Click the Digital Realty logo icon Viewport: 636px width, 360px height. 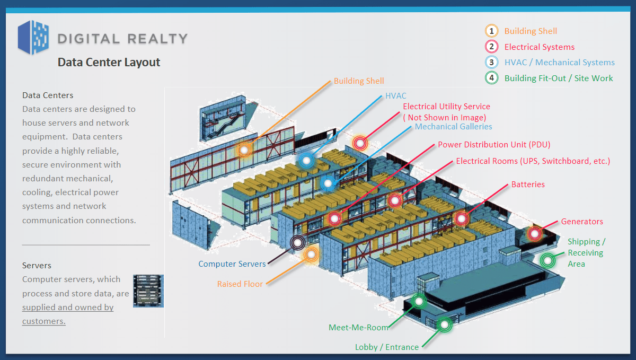pos(33,37)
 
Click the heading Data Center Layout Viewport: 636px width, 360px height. pos(109,63)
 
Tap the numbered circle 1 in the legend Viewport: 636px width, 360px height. pos(491,31)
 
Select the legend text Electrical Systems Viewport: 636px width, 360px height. pos(539,47)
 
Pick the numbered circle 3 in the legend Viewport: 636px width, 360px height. pos(491,63)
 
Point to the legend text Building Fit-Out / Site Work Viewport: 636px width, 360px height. pos(558,78)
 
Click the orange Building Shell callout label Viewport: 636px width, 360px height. pos(359,81)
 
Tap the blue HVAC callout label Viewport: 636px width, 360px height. pos(395,96)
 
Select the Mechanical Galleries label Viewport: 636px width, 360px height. pos(453,127)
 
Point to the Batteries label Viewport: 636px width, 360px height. pos(528,185)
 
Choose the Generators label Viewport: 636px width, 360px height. pos(582,222)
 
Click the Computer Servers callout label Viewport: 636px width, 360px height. pos(232,264)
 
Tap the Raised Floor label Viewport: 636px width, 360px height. pos(240,284)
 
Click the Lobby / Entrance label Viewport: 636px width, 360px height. pos(387,347)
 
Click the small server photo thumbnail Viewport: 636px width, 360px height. pos(148,291)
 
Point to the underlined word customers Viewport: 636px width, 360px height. pos(44,321)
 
